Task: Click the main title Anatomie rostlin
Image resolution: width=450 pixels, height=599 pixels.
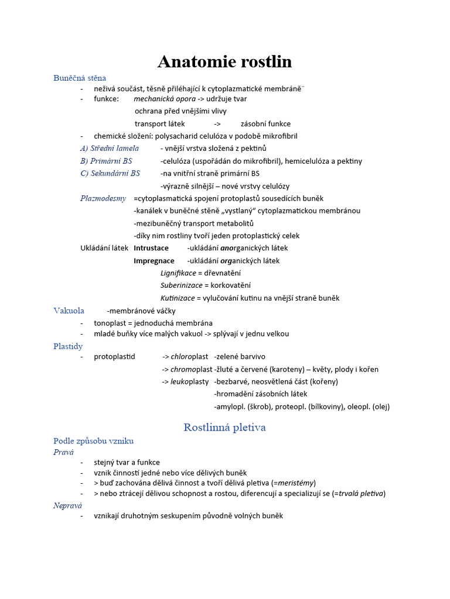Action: (x=224, y=62)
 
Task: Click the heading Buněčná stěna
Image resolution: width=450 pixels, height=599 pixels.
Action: (x=80, y=78)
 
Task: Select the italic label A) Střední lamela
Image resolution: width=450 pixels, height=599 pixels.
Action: (x=110, y=148)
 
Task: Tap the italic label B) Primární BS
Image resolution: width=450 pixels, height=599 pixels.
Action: (x=106, y=161)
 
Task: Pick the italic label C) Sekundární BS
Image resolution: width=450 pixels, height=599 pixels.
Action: (x=110, y=173)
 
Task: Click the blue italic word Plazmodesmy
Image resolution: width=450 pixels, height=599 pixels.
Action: (x=103, y=198)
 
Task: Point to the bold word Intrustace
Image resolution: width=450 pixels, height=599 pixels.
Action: (x=151, y=248)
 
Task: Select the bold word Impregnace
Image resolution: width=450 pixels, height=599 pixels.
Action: (x=154, y=261)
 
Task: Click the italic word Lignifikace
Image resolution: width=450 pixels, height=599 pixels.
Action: (x=178, y=273)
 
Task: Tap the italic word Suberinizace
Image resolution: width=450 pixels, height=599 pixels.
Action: (x=182, y=285)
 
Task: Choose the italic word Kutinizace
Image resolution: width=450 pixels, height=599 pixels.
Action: (x=178, y=298)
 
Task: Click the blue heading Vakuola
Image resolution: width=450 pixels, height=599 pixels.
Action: (x=69, y=311)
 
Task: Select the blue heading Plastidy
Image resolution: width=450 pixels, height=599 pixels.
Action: (x=68, y=346)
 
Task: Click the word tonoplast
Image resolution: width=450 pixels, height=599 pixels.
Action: (x=111, y=323)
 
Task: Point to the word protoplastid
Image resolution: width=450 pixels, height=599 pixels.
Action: (x=114, y=357)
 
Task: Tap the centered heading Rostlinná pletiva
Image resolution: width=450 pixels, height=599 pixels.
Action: (x=224, y=428)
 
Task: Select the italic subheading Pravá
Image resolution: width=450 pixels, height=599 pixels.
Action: (x=63, y=452)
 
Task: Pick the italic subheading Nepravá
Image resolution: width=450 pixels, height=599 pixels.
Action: (x=67, y=505)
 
